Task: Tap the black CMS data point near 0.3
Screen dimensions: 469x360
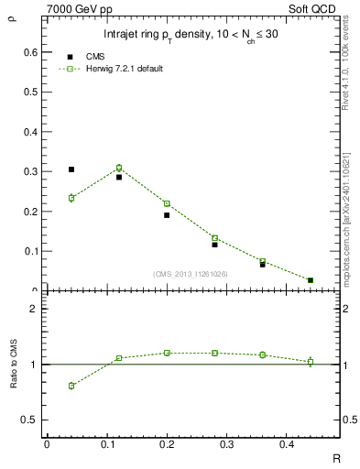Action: point(71,169)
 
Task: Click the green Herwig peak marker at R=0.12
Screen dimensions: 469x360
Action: point(119,168)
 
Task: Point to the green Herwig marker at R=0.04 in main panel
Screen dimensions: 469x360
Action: point(71,198)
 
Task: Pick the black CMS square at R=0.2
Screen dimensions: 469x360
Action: point(167,215)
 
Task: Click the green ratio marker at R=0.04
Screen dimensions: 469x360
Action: point(71,386)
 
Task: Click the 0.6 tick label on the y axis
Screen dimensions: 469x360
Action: point(27,52)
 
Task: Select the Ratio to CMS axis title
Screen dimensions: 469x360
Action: point(14,364)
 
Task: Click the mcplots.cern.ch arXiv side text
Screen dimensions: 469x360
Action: point(351,215)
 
